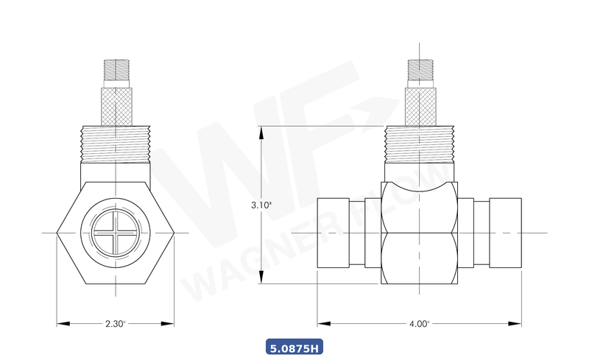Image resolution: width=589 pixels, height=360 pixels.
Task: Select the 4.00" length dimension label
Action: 420,323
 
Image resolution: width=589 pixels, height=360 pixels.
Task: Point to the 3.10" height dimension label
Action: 261,205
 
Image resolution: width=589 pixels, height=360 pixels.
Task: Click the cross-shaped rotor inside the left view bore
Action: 116,232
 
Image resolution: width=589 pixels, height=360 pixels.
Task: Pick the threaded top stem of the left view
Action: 116,72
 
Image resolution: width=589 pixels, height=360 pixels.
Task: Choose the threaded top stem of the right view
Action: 420,72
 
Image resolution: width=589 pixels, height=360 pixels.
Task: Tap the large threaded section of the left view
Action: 116,144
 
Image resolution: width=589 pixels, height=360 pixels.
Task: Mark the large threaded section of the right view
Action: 420,144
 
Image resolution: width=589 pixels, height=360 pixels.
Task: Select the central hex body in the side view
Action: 420,232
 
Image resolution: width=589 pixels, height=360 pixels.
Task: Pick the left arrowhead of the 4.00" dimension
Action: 322,323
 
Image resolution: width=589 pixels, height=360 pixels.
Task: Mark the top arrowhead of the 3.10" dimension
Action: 261,130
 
